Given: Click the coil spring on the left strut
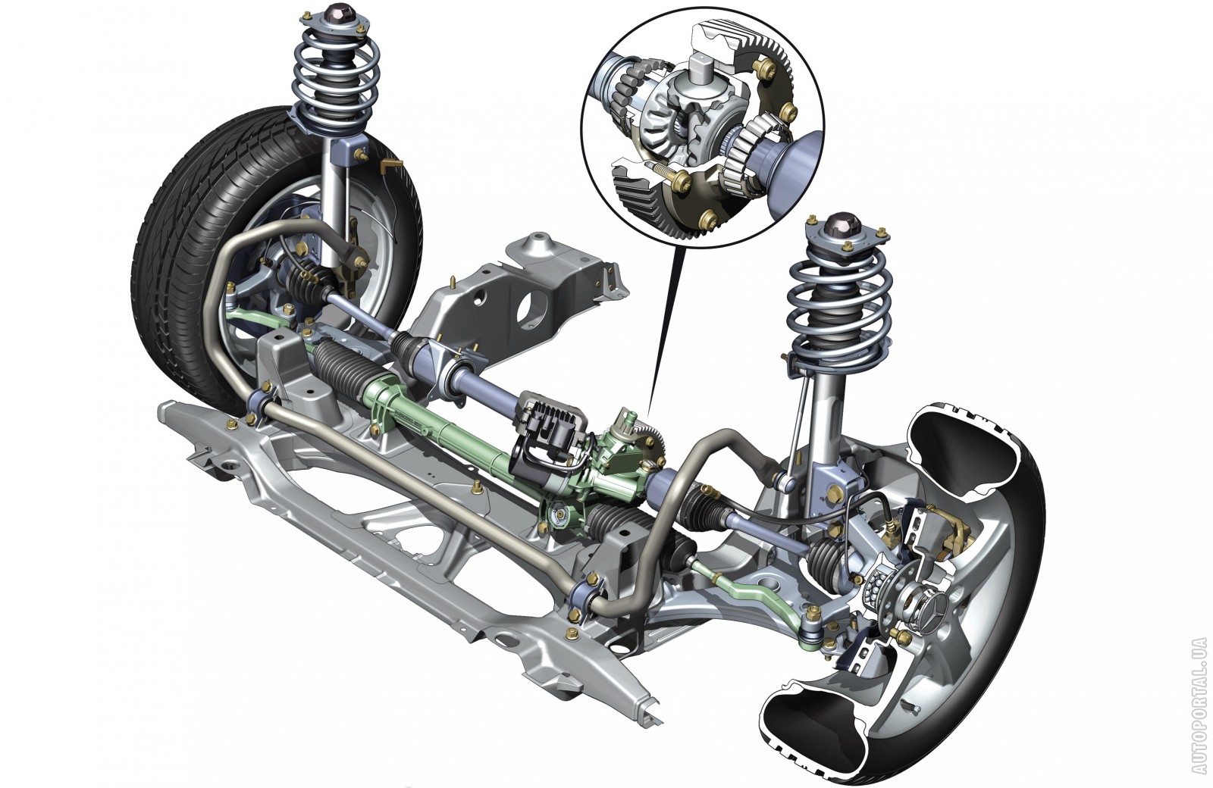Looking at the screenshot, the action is [336, 80].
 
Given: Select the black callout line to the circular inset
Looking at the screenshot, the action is [663, 338].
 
